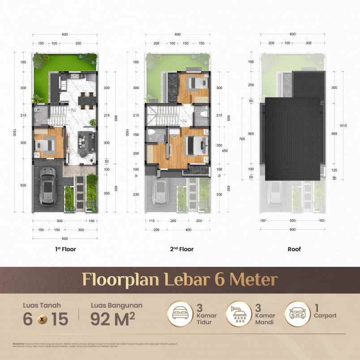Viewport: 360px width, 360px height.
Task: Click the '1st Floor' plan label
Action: pos(65,249)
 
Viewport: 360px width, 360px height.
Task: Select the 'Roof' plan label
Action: pos(294,249)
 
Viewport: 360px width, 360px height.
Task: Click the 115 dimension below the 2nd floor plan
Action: pos(151,221)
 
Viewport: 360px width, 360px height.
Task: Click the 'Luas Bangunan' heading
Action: pos(116,305)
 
